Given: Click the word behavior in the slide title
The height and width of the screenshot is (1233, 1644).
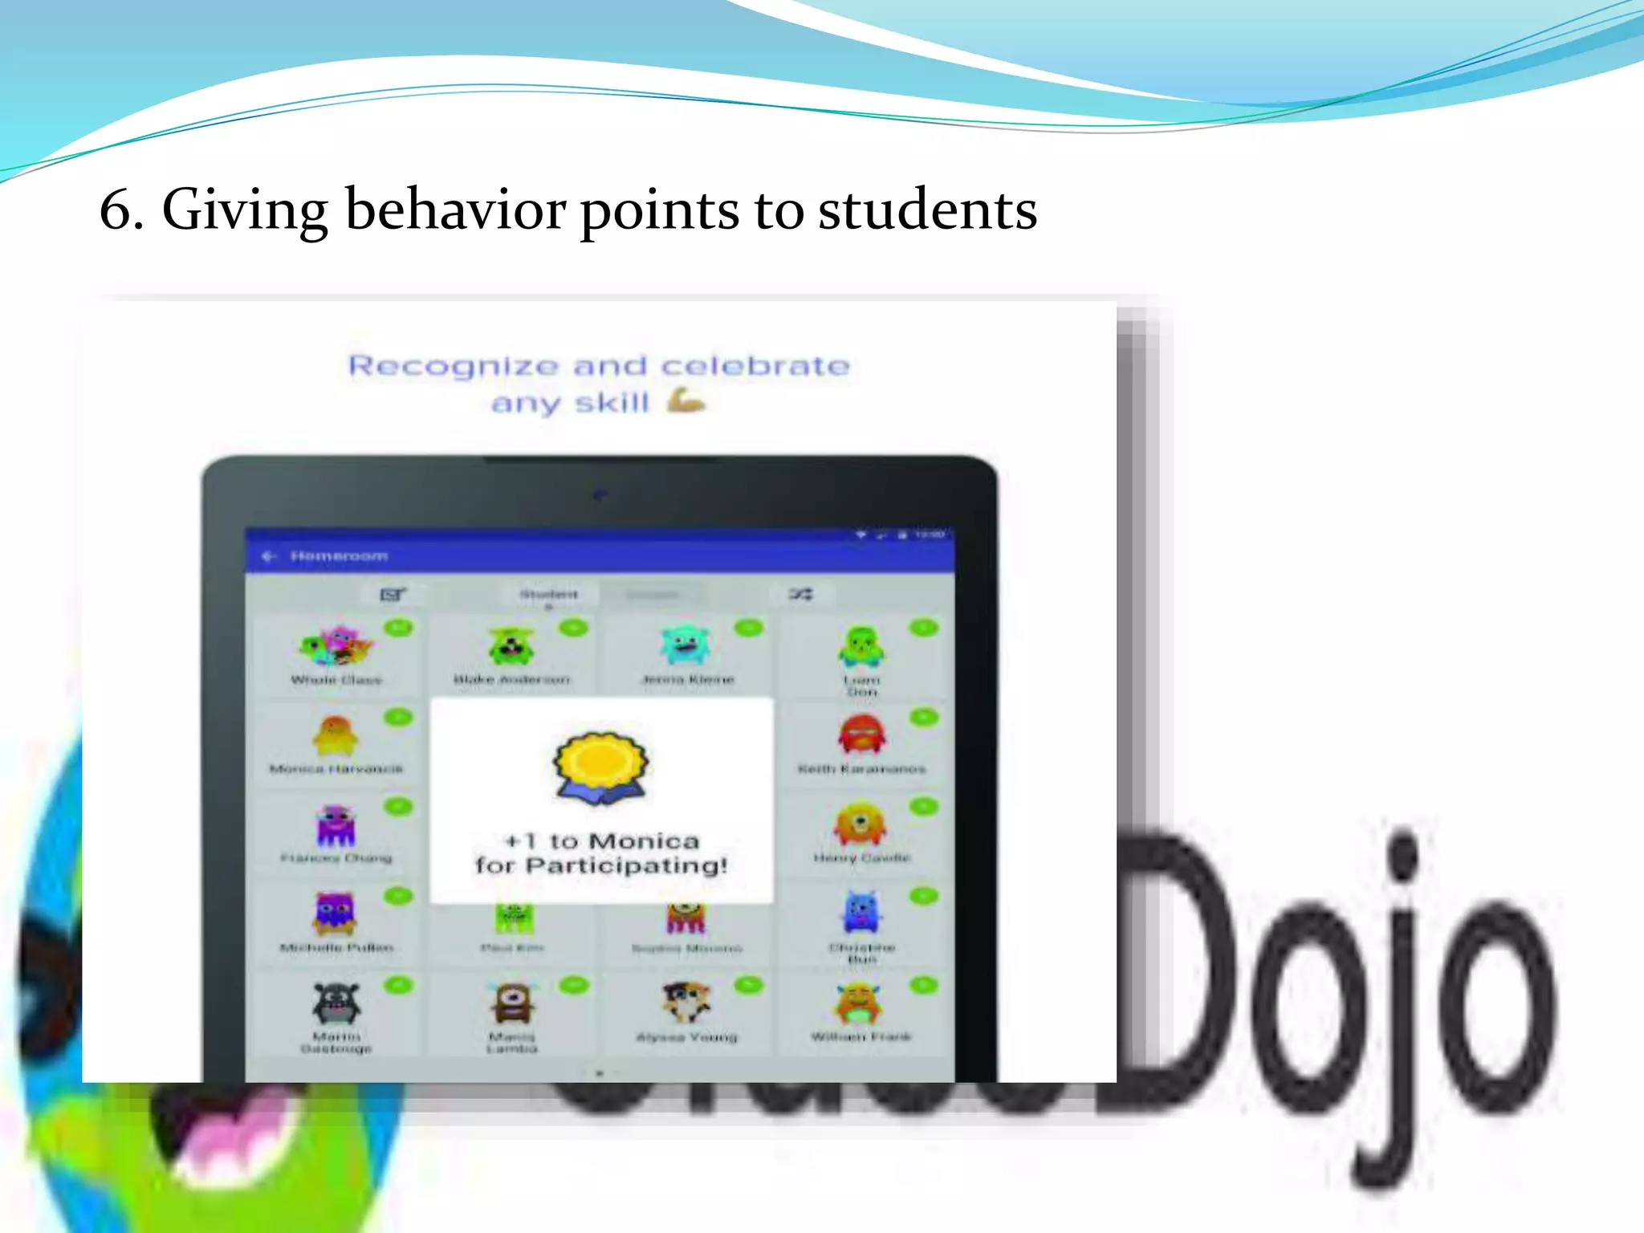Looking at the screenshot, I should pyautogui.click(x=455, y=210).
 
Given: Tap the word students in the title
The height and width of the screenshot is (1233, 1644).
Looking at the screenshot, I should pyautogui.click(x=927, y=210).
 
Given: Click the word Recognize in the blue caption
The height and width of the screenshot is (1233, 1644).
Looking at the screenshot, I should pyautogui.click(x=453, y=367).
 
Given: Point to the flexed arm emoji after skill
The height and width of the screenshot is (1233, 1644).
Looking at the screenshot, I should pyautogui.click(x=686, y=400).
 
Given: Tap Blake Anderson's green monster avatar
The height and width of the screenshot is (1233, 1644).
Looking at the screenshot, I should pyautogui.click(x=511, y=646).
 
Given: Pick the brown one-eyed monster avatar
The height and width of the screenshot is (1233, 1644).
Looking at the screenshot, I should pyautogui.click(x=512, y=1003).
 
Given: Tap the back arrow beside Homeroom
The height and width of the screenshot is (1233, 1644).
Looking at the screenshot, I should pyautogui.click(x=269, y=555).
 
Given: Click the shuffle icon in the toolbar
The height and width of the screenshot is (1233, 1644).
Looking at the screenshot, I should pyautogui.click(x=800, y=594).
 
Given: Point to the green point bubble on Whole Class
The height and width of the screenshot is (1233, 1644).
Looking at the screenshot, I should pyautogui.click(x=399, y=628).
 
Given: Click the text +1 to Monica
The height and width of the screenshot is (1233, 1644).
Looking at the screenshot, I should pyautogui.click(x=602, y=840).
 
